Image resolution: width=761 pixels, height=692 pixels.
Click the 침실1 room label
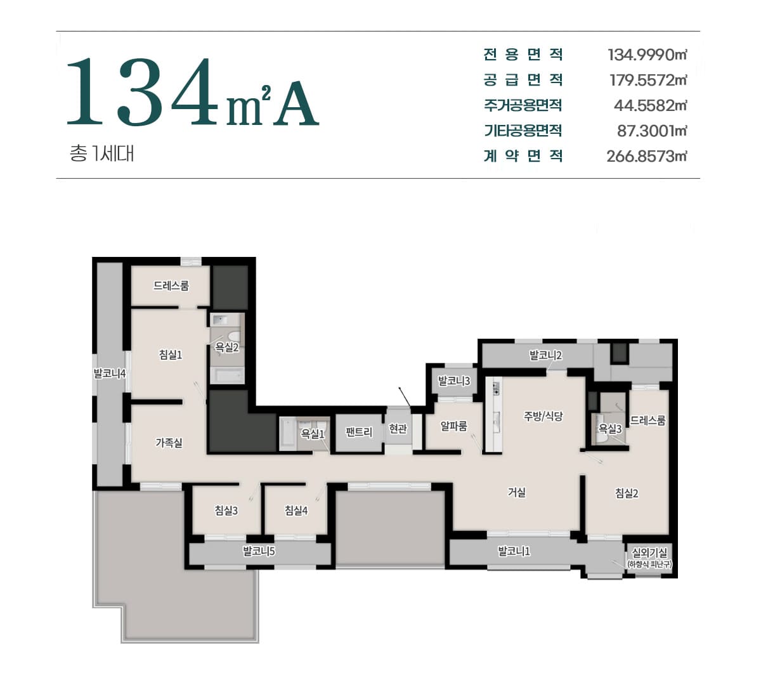coord(171,355)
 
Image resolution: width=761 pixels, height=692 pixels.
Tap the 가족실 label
coord(169,443)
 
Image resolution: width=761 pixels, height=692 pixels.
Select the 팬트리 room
coord(359,432)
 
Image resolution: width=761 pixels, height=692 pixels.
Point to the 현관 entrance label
coord(398,429)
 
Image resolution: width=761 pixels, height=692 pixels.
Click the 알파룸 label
coord(453,426)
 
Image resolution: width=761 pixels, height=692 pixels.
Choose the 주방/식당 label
coord(543,416)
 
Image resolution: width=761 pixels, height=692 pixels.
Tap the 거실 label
coord(517,492)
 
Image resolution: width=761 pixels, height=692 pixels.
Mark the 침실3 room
coord(226,511)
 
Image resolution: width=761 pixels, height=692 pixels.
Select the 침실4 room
coord(296,511)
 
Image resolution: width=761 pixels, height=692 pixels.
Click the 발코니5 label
coord(259,551)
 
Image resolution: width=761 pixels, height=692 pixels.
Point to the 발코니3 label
coord(454,381)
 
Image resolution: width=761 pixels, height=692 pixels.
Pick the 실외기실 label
coord(649,552)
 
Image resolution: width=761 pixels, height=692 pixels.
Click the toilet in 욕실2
coord(235,336)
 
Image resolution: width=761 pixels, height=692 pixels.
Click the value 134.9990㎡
coord(647,55)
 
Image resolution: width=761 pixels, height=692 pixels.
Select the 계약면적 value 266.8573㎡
coord(646,156)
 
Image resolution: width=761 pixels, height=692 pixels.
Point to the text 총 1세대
coord(101,153)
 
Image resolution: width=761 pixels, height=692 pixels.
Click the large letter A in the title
coord(296,103)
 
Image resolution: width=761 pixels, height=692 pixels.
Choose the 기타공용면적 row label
coord(523,131)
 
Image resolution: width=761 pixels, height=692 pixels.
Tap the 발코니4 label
coord(110,374)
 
